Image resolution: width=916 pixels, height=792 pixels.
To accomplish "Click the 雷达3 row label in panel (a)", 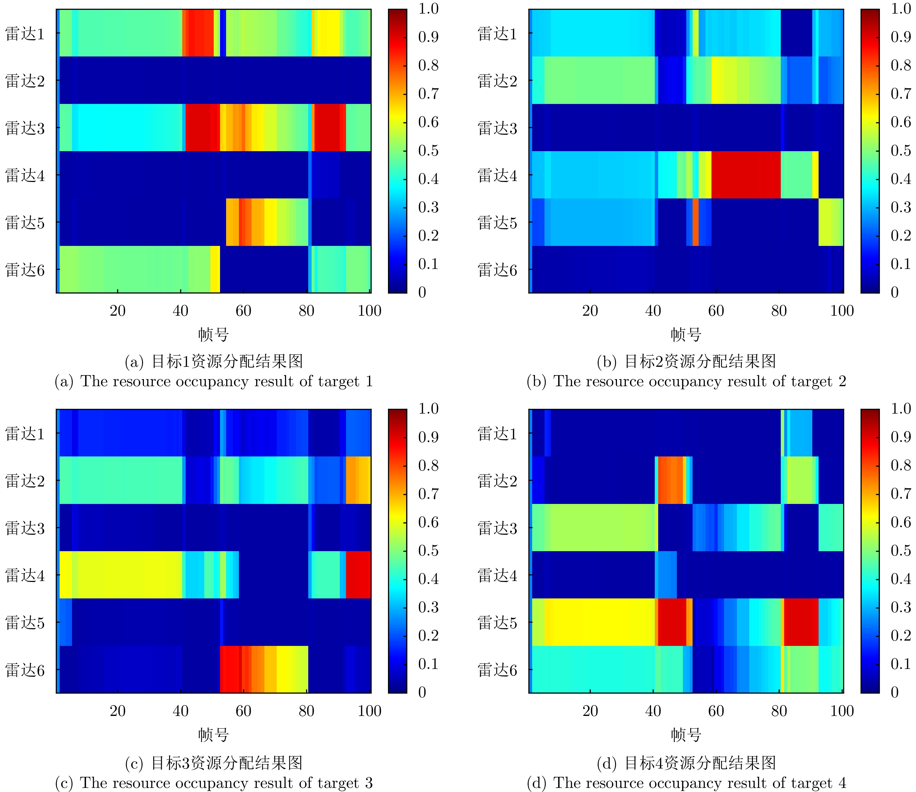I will pyautogui.click(x=25, y=128).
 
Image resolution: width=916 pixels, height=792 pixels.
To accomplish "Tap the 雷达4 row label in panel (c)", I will pyautogui.click(x=25, y=575).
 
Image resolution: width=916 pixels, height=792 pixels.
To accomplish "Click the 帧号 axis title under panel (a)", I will pyautogui.click(x=213, y=335).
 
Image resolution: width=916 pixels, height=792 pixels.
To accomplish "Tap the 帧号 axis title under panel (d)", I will pyautogui.click(x=686, y=735).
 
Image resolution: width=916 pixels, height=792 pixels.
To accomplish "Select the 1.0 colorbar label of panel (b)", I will pyautogui.click(x=900, y=9).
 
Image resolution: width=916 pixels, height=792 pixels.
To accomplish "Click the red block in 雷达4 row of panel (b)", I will pyautogui.click(x=746, y=175).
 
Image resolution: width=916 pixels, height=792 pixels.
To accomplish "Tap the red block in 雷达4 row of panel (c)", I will pyautogui.click(x=358, y=574).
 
